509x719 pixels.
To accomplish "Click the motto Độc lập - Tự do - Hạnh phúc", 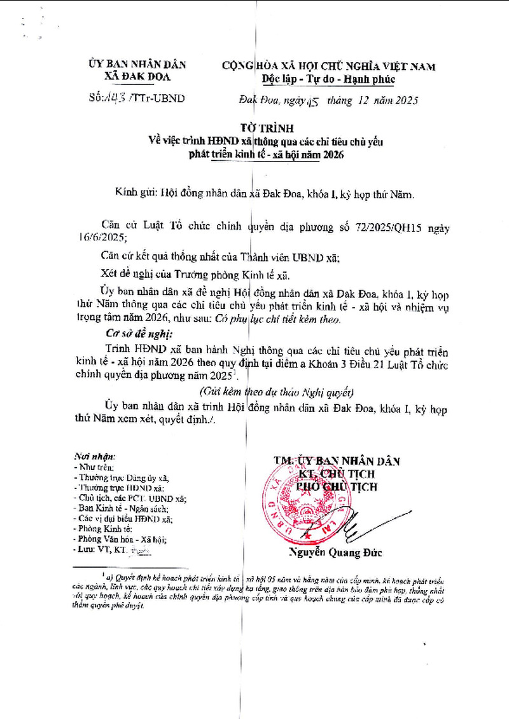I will tap(328, 79).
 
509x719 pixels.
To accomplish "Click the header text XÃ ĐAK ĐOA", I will tap(137, 77).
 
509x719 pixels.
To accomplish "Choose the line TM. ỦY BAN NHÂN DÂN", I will tap(337, 461).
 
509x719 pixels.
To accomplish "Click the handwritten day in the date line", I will tap(312, 100).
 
